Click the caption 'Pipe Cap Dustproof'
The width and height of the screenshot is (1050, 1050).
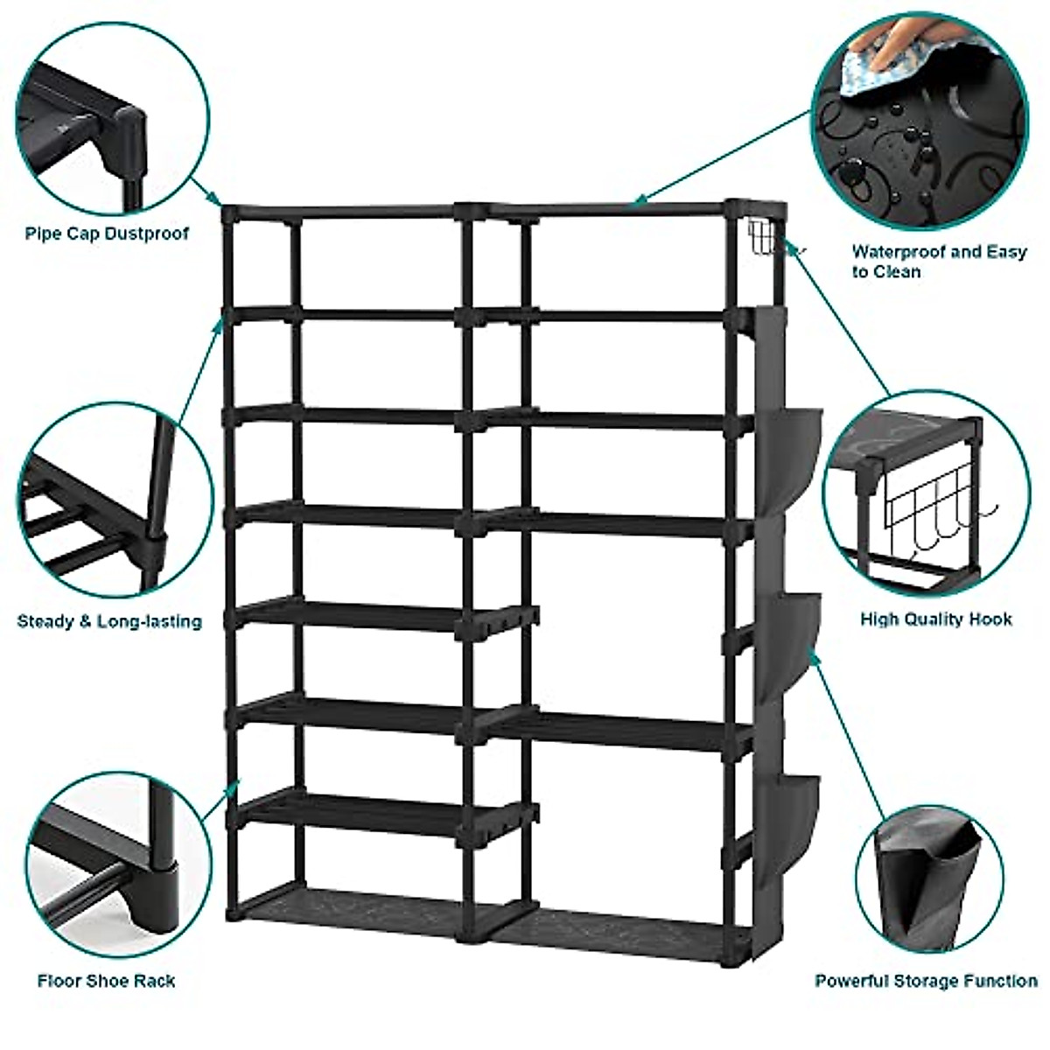[x=107, y=234]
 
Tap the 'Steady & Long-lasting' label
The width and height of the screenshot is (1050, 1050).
[x=109, y=622]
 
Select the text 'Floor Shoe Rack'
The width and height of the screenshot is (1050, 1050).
[x=106, y=980]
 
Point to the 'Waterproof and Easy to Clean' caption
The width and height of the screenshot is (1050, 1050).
[x=939, y=262]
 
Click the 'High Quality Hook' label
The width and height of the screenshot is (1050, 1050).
[x=936, y=619]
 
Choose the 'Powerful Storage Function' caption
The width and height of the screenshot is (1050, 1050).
[x=926, y=981]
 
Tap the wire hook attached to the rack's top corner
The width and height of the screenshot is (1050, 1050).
[x=764, y=238]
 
